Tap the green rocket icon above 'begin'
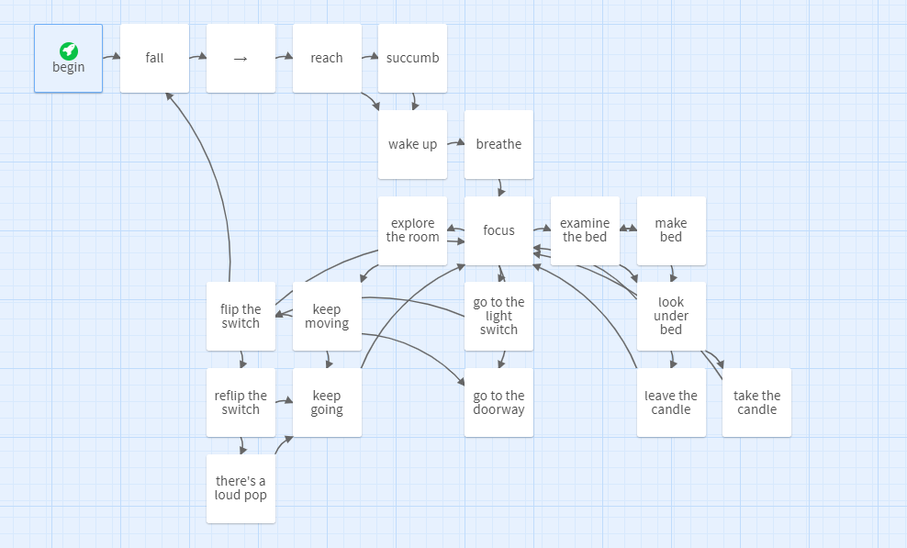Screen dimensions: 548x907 point(69,50)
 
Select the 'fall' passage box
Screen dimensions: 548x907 point(154,59)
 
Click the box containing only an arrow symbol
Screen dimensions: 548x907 point(241,59)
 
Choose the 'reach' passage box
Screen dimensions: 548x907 point(327,59)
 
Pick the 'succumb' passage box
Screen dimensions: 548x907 point(412,59)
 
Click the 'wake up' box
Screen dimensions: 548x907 point(412,145)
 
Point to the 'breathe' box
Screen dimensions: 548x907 point(498,145)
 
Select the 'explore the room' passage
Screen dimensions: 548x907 point(412,230)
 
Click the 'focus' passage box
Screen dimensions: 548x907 point(498,230)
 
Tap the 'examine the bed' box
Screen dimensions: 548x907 point(585,230)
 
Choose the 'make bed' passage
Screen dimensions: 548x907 point(671,230)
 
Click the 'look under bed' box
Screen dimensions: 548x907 point(671,316)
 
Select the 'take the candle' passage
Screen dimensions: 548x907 point(756,402)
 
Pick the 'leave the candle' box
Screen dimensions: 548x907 point(671,402)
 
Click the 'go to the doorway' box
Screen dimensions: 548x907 point(498,402)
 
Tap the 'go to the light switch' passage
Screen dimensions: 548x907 point(498,316)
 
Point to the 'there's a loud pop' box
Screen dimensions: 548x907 point(241,488)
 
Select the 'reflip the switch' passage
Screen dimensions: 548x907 point(241,402)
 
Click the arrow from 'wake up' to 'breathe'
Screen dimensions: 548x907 point(455,143)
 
